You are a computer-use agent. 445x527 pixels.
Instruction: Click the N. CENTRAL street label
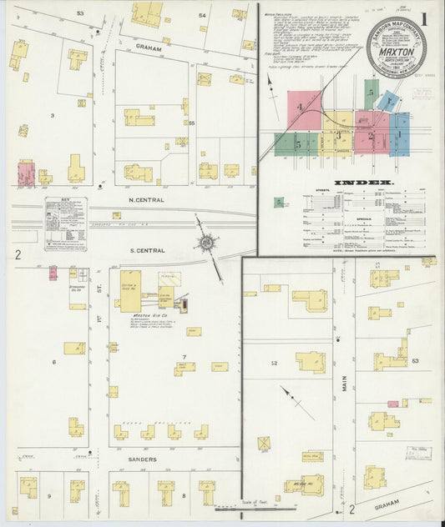click(145, 200)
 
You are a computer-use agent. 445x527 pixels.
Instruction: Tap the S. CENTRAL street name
click(145, 250)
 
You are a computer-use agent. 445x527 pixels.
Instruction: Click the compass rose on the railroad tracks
click(205, 243)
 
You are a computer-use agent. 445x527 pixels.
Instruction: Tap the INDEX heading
click(362, 182)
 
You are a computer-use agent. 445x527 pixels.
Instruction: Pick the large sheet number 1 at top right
click(426, 18)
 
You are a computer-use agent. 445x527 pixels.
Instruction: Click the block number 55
click(191, 123)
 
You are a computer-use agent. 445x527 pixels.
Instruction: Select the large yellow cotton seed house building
click(130, 290)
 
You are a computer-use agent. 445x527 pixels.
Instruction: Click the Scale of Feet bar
click(250, 506)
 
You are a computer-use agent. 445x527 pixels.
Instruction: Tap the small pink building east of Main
click(404, 404)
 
